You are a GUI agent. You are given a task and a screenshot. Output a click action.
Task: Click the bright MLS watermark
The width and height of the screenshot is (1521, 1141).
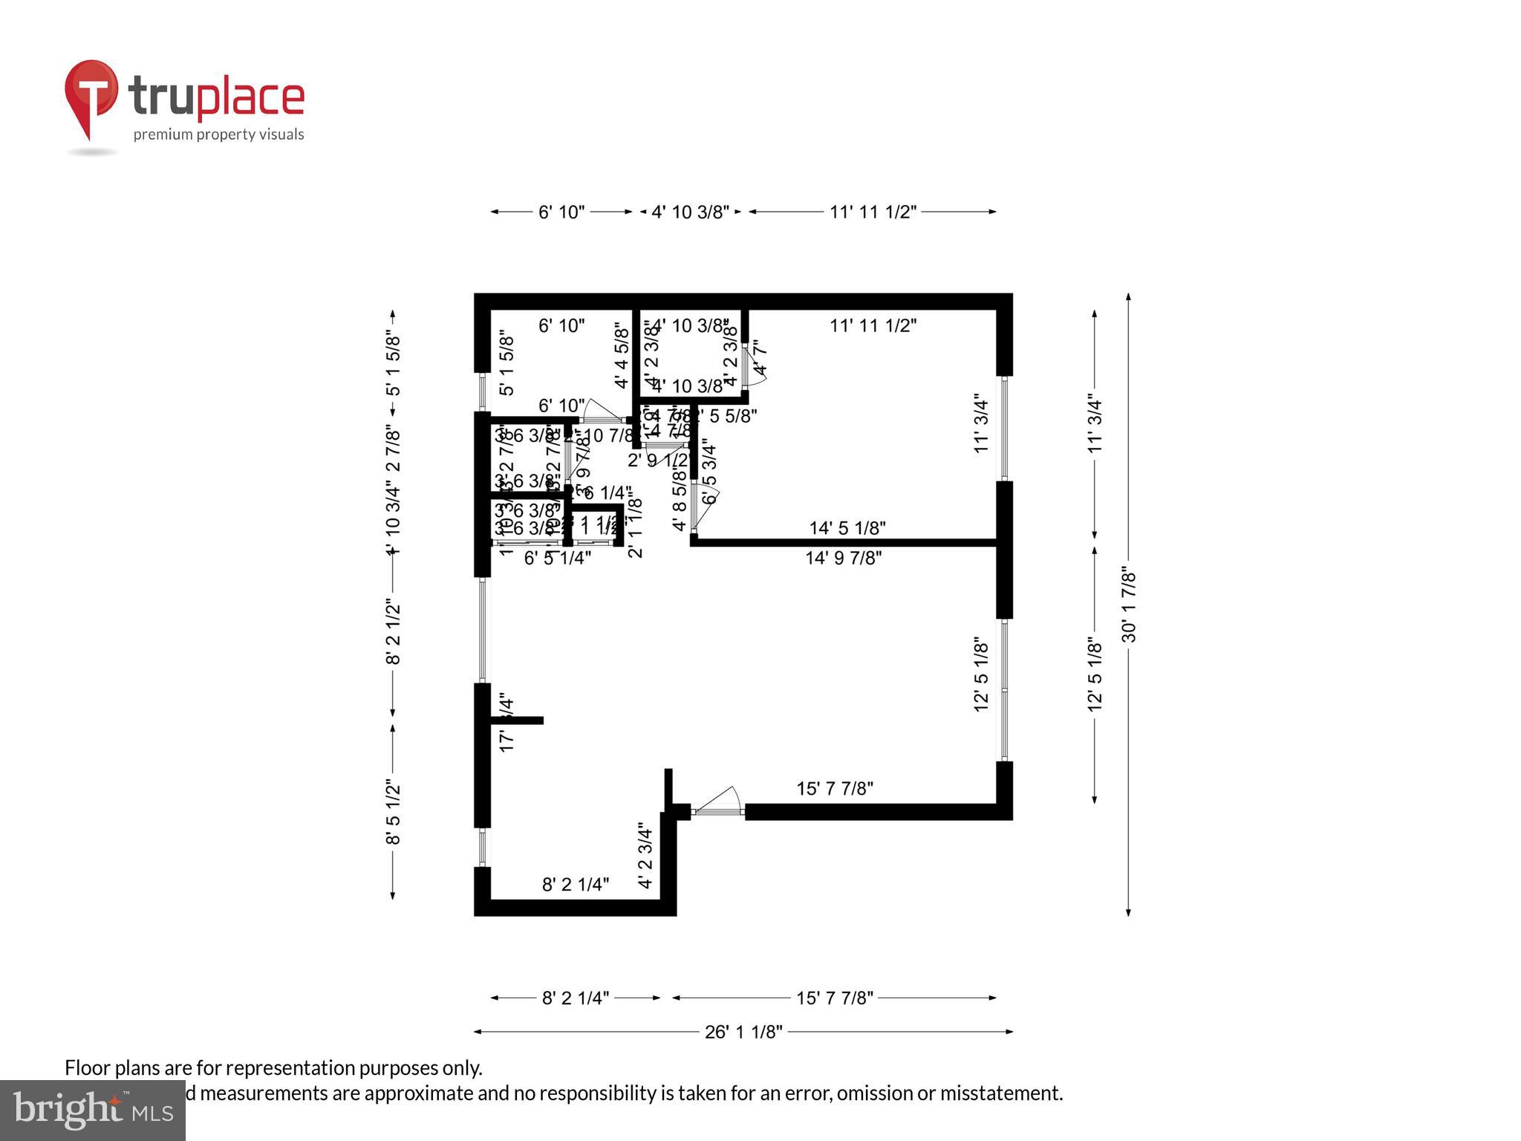[x=92, y=1111]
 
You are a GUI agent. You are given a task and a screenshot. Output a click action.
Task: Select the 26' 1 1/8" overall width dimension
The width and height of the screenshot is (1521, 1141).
[x=743, y=1032]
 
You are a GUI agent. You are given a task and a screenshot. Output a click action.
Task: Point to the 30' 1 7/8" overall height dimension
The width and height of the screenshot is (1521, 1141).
[x=1129, y=605]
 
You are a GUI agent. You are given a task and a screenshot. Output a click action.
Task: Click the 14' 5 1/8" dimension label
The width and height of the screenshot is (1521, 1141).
[x=847, y=528]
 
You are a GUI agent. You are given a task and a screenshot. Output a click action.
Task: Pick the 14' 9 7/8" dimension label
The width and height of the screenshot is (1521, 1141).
[x=844, y=558]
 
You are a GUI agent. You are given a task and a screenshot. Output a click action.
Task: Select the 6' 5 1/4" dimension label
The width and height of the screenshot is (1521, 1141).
[x=558, y=558]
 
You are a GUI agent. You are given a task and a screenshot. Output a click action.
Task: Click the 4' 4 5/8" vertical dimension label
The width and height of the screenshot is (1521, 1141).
[x=622, y=355]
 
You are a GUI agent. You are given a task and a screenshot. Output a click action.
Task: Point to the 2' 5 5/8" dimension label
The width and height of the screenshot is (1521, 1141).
[x=726, y=417]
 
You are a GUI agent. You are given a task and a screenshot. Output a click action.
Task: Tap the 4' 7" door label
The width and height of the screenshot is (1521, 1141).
[x=760, y=359]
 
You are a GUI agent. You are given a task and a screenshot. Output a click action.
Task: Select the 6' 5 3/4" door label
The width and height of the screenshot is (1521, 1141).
[x=710, y=473]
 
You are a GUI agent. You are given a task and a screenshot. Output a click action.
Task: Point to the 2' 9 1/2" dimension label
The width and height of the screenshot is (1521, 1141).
[x=658, y=461]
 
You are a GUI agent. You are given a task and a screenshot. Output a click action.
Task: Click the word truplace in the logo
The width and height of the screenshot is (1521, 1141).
[x=216, y=97]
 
